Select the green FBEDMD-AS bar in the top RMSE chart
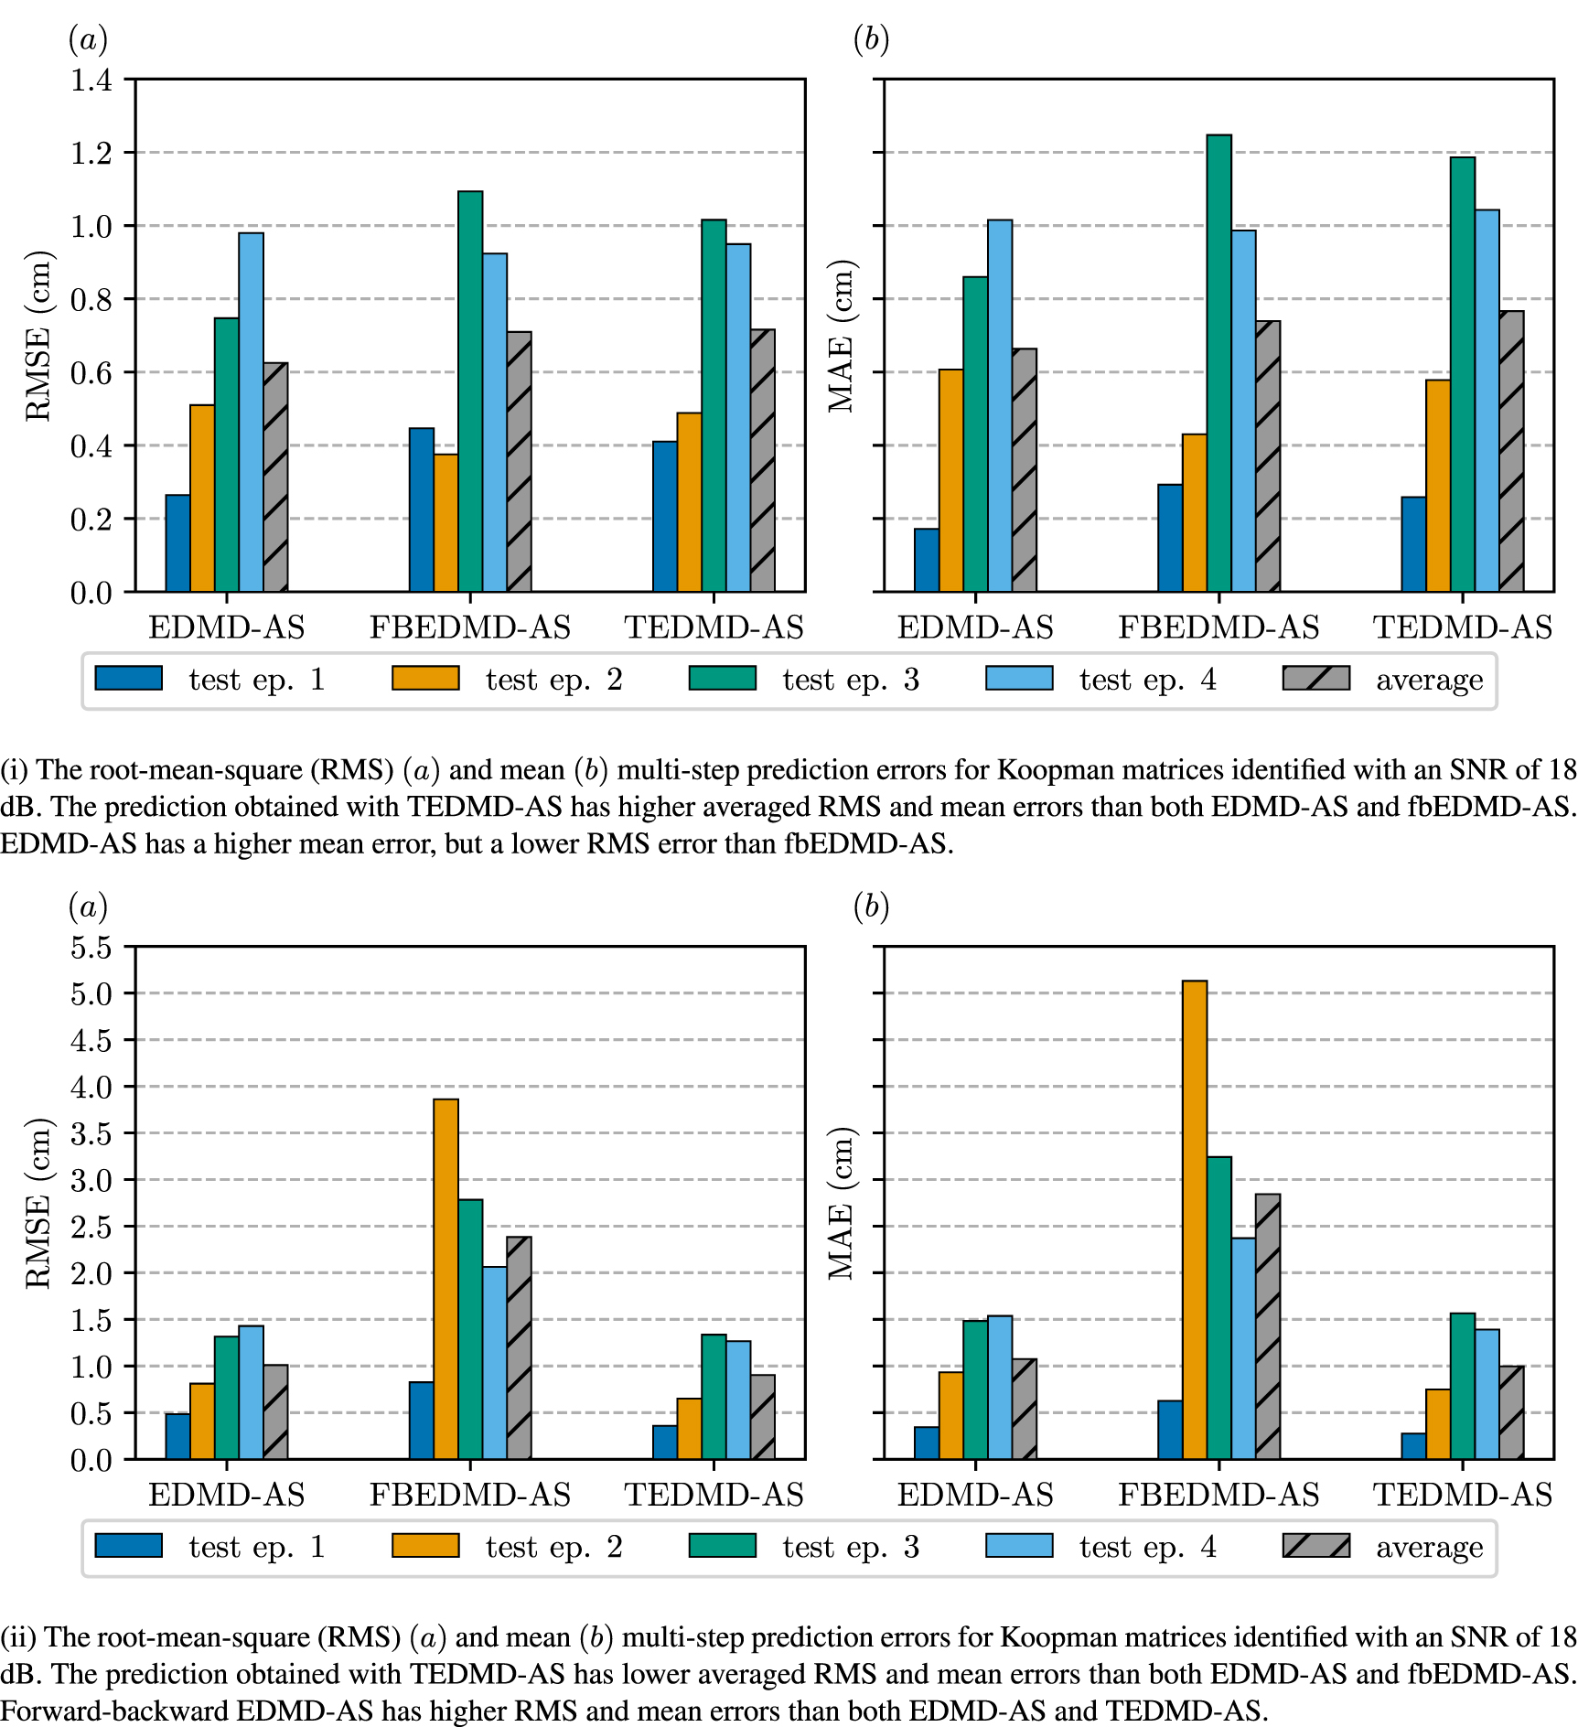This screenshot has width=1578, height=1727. pyautogui.click(x=470, y=392)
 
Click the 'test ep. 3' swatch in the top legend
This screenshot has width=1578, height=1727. pyautogui.click(x=722, y=678)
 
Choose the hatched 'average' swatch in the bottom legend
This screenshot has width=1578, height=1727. pyautogui.click(x=1315, y=1545)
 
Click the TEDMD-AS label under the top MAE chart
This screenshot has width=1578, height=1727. pyautogui.click(x=1462, y=628)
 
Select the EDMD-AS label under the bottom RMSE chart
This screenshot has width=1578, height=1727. pyautogui.click(x=226, y=1495)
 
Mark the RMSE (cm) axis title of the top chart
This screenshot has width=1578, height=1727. pyautogui.click(x=38, y=336)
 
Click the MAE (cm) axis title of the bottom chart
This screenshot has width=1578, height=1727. pyautogui.click(x=842, y=1203)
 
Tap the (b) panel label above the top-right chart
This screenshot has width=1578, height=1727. pyautogui.click(x=870, y=39)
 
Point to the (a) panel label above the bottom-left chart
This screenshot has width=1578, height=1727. pyautogui.click(x=88, y=906)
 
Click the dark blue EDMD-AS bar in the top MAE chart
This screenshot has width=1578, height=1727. pyautogui.click(x=926, y=560)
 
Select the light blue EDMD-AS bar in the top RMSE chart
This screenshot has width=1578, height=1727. pyautogui.click(x=251, y=412)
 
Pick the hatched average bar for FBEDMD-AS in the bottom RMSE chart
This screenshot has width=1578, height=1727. pyautogui.click(x=519, y=1347)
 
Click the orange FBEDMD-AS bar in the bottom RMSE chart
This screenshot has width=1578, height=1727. pyautogui.click(x=445, y=1279)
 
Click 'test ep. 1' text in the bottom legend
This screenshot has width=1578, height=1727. pyautogui.click(x=256, y=1547)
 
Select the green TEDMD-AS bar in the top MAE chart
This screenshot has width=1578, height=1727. pyautogui.click(x=1462, y=374)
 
